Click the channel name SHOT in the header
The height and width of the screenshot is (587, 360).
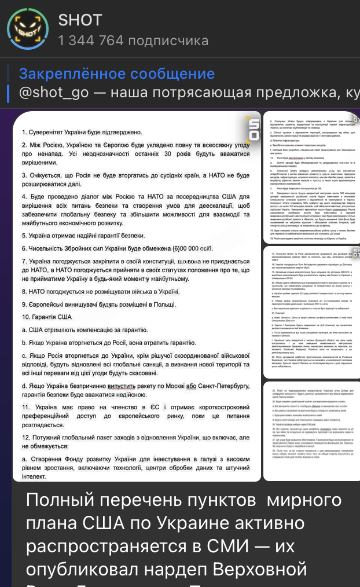(80, 20)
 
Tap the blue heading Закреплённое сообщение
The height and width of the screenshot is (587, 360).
(116, 74)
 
